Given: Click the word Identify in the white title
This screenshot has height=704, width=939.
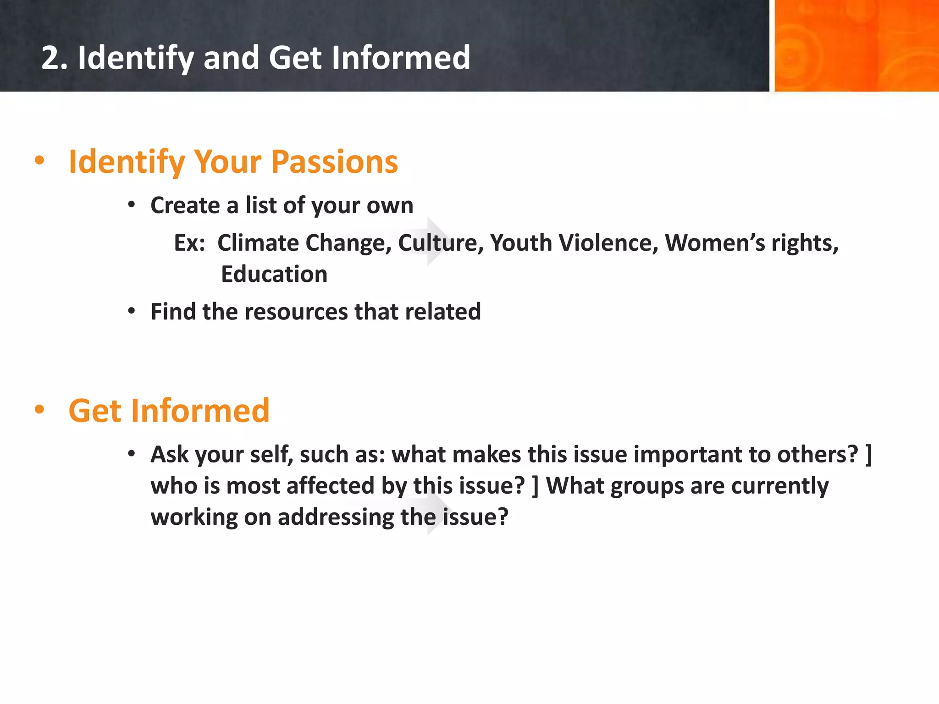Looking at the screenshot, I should (x=135, y=59).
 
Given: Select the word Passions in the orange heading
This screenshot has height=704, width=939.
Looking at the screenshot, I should (x=334, y=162).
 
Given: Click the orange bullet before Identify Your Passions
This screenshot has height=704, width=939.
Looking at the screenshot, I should (x=39, y=160).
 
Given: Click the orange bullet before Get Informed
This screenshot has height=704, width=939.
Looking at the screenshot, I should (x=39, y=409).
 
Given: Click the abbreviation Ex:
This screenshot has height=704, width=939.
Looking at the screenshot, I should (x=189, y=243).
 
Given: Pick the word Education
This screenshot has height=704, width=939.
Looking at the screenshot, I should (x=274, y=275).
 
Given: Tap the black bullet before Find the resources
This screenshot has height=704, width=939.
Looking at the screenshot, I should (x=132, y=311).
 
